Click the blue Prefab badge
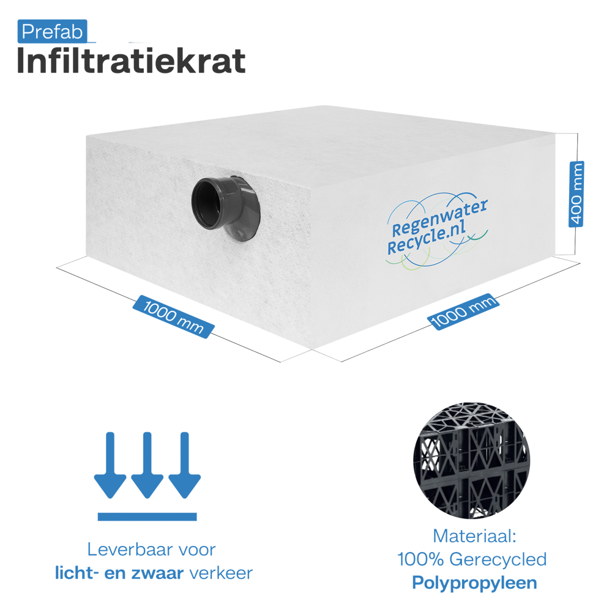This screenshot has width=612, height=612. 52,31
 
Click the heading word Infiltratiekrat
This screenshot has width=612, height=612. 131,61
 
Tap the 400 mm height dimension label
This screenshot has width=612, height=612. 577,194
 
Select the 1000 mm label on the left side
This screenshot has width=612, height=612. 173,316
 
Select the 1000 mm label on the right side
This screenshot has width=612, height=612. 464,312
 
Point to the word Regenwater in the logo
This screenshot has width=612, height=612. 439,217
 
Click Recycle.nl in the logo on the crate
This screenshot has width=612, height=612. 426,239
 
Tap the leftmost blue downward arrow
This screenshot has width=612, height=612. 110,465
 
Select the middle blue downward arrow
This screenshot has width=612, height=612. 147,465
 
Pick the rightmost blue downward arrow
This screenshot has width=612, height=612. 185,465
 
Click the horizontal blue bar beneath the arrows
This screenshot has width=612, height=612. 147,517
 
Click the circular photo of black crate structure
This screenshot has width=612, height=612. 471,461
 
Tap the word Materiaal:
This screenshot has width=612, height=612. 475,536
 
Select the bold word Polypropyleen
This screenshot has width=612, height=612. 475,583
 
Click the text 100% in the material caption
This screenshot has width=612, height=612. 420,559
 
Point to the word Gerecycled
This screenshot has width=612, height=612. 498,560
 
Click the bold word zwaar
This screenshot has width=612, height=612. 157,573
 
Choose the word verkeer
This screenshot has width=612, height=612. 222,573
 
